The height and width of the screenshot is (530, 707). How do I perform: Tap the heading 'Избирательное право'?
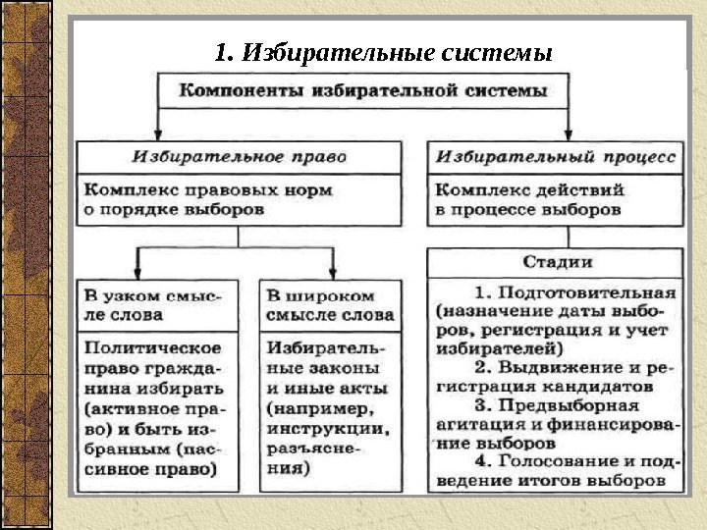[x=240, y=156]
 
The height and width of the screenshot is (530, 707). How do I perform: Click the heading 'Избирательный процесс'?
[x=556, y=156]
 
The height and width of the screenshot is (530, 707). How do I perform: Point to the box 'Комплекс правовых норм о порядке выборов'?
[x=240, y=199]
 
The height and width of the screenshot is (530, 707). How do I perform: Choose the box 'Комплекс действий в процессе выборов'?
[x=556, y=199]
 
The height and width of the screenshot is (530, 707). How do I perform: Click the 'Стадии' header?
[x=556, y=262]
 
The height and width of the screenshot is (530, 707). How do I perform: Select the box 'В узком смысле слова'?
[x=156, y=305]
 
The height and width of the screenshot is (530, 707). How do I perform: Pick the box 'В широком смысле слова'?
[x=330, y=305]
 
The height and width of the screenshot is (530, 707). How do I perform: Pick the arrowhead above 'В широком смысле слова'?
[x=334, y=272]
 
